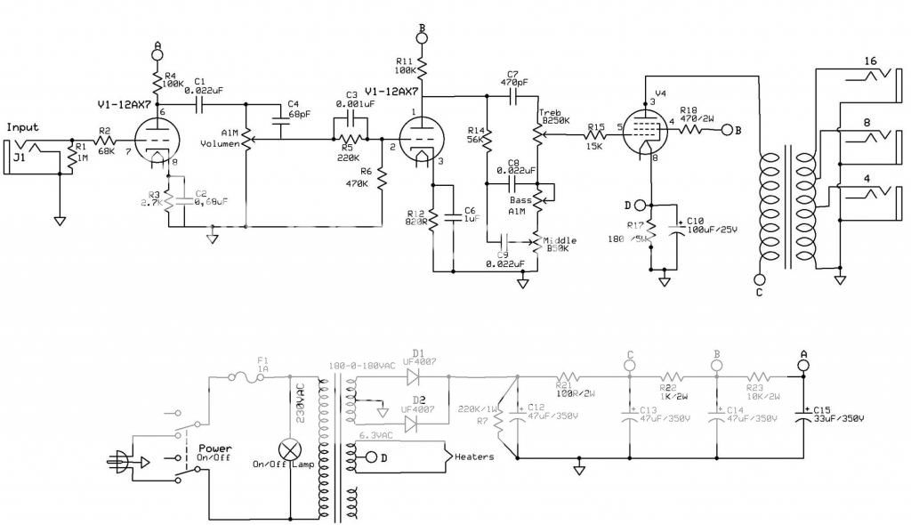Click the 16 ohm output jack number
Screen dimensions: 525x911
[x=871, y=61]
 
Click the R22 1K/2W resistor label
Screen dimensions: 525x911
[x=673, y=391]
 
